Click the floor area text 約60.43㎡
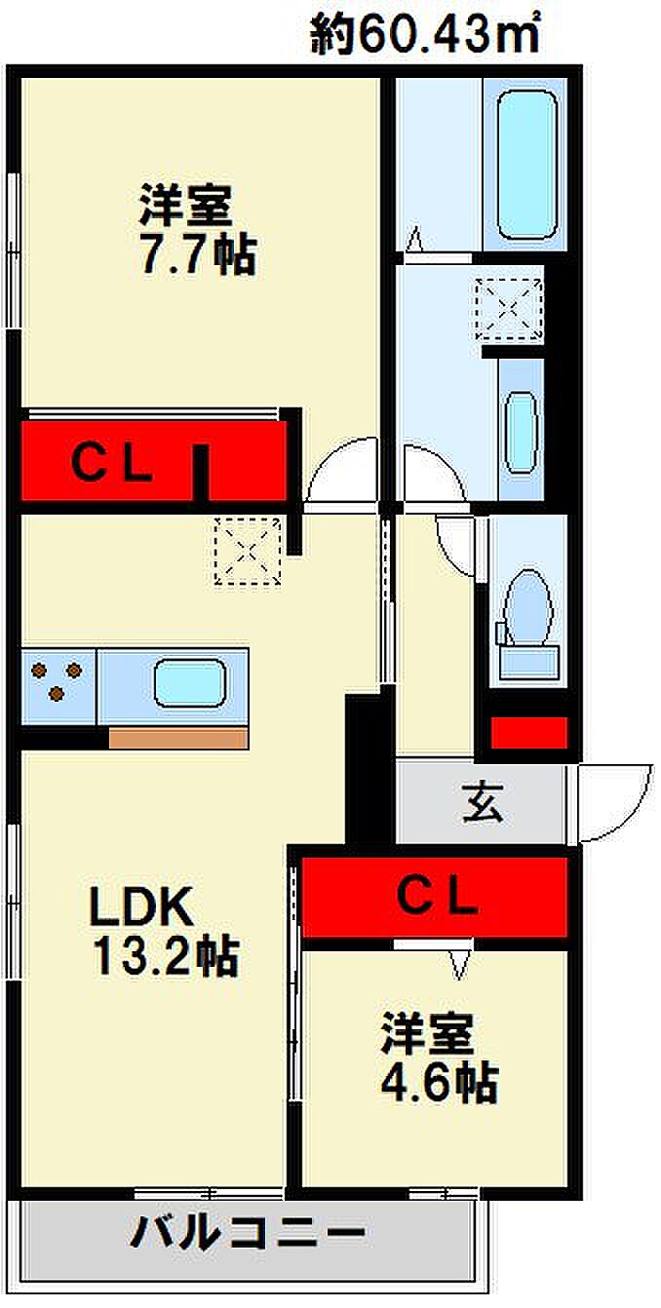point(424,34)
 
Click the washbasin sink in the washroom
point(521,432)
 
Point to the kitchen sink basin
point(189,683)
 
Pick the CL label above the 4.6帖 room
point(438,898)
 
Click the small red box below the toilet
point(529,732)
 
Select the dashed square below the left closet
point(248,552)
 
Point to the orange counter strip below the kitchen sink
point(178,738)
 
